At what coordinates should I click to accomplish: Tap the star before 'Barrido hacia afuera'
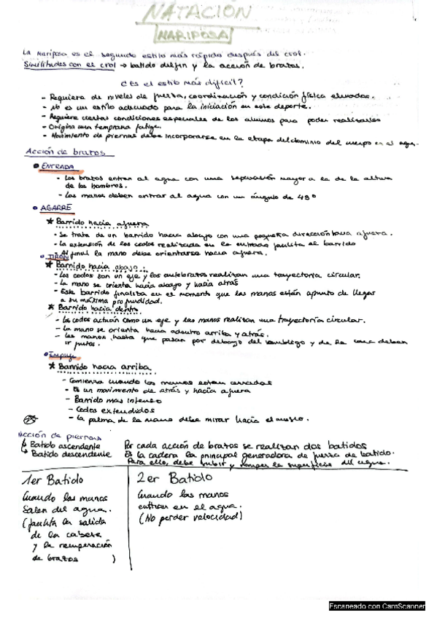[49, 222]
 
